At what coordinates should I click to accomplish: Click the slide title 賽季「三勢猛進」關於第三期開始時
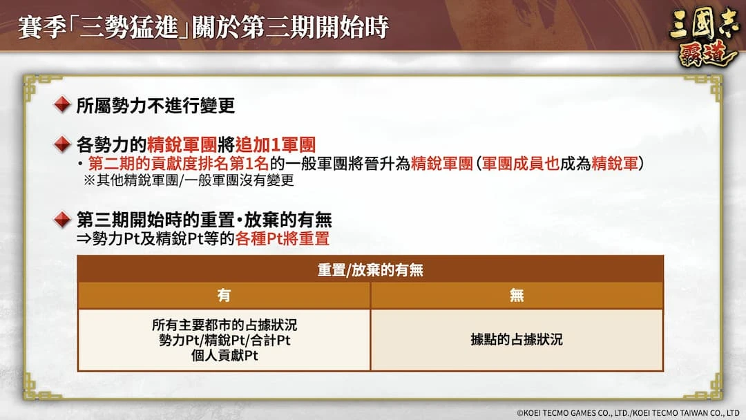tap(204, 27)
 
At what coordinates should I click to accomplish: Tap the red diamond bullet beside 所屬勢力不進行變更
tap(62, 104)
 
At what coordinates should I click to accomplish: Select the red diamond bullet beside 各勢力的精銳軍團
tap(62, 144)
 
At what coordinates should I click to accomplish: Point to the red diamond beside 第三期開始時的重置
tap(62, 219)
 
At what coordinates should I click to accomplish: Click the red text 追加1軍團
tap(276, 144)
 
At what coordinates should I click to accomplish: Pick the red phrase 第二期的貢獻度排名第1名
tap(178, 164)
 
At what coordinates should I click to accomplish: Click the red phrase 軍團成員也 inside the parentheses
tap(521, 164)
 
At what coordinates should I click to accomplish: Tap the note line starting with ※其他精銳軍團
tap(189, 180)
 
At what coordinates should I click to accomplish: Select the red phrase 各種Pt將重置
tap(282, 238)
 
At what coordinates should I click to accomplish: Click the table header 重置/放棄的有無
tap(370, 270)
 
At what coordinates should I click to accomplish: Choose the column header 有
tap(224, 296)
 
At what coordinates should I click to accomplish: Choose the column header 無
tap(517, 296)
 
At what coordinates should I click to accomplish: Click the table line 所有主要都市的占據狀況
tap(224, 325)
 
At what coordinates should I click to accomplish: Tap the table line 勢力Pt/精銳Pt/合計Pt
tap(224, 340)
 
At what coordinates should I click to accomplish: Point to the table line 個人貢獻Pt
tap(224, 355)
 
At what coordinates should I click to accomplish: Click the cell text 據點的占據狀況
tap(517, 340)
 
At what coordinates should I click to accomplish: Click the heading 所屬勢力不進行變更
tap(155, 105)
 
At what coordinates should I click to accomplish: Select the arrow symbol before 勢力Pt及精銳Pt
tap(84, 239)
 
